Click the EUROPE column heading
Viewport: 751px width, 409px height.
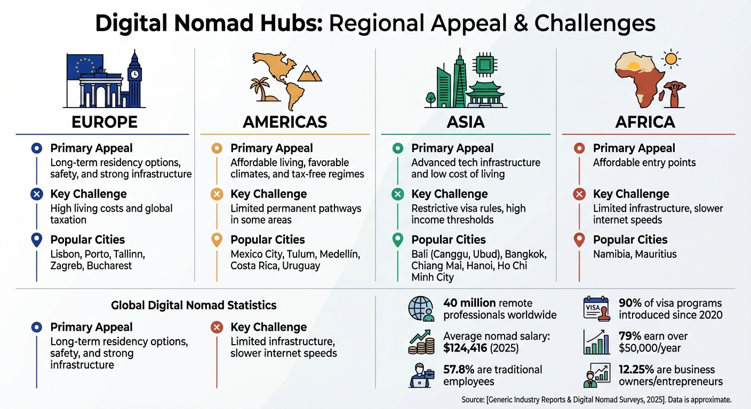click(105, 122)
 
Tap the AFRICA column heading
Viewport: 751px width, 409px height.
click(645, 122)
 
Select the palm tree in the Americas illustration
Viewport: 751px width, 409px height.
click(261, 89)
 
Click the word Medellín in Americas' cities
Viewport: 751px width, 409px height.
click(339, 254)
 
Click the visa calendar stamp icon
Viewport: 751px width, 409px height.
click(597, 309)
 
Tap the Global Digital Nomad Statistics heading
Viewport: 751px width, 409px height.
click(194, 305)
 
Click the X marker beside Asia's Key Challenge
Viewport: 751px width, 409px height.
click(397, 194)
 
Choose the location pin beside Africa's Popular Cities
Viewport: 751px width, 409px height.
click(579, 240)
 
